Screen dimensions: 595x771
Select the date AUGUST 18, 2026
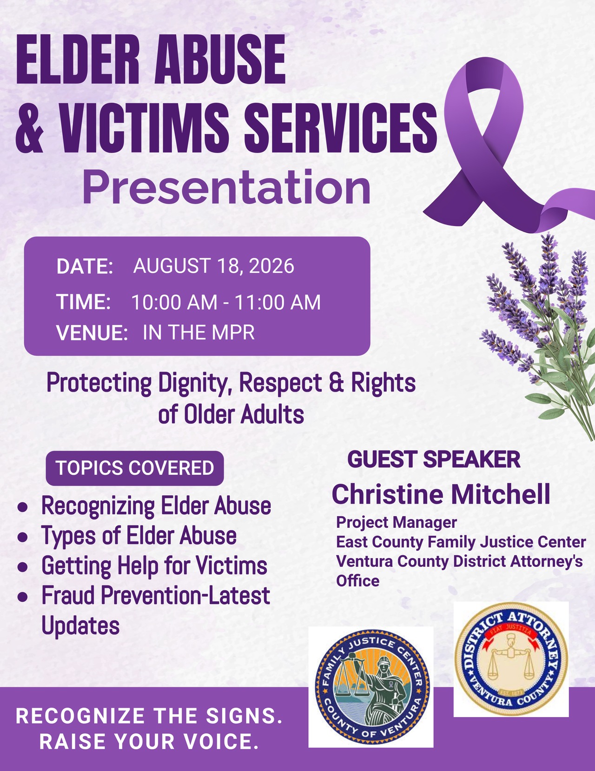[x=213, y=266]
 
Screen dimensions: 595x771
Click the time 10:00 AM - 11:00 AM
[x=226, y=302]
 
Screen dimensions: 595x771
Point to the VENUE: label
[x=92, y=332]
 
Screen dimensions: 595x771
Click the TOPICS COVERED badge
[x=135, y=468]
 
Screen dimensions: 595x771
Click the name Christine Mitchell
[x=441, y=494]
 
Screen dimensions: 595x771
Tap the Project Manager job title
[x=397, y=522]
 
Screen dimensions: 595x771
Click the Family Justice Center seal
[x=371, y=686]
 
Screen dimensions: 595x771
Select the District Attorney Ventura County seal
[x=511, y=658]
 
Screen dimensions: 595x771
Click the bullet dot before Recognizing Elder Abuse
[x=22, y=507]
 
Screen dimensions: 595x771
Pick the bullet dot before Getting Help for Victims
[x=22, y=567]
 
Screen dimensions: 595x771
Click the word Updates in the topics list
[x=80, y=627]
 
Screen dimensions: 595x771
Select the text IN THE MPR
[x=198, y=332]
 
